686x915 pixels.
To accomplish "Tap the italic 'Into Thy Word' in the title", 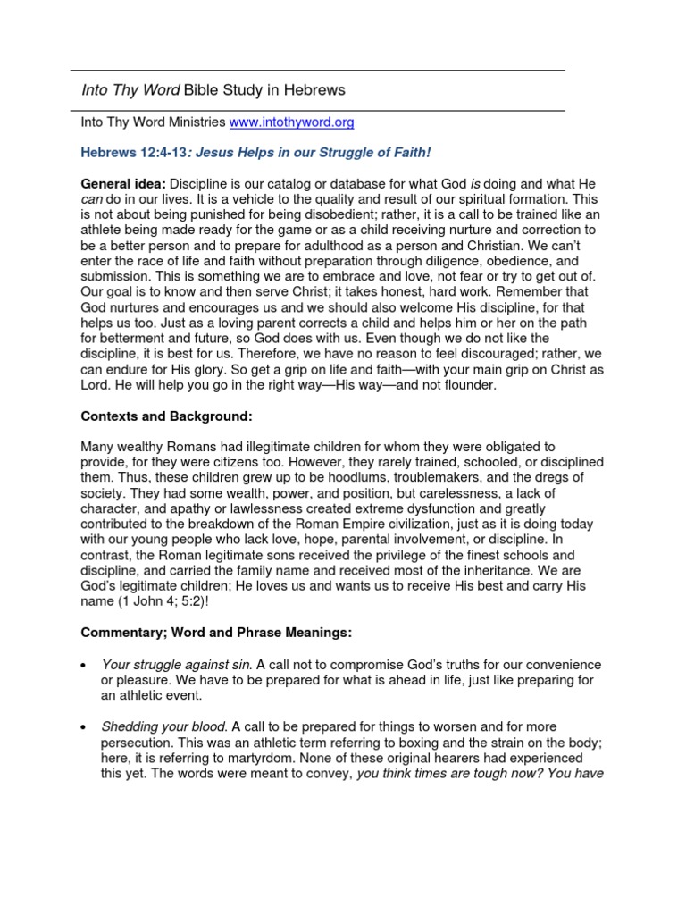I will pos(130,90).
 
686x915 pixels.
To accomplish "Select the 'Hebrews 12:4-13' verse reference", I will pos(133,153).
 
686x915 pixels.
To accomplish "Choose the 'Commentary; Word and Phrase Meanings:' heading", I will pos(216,633).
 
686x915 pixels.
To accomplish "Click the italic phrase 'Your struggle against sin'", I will pos(177,665).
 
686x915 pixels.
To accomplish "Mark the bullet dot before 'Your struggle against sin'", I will pos(83,666).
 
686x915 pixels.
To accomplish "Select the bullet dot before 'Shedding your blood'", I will pos(83,728).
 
